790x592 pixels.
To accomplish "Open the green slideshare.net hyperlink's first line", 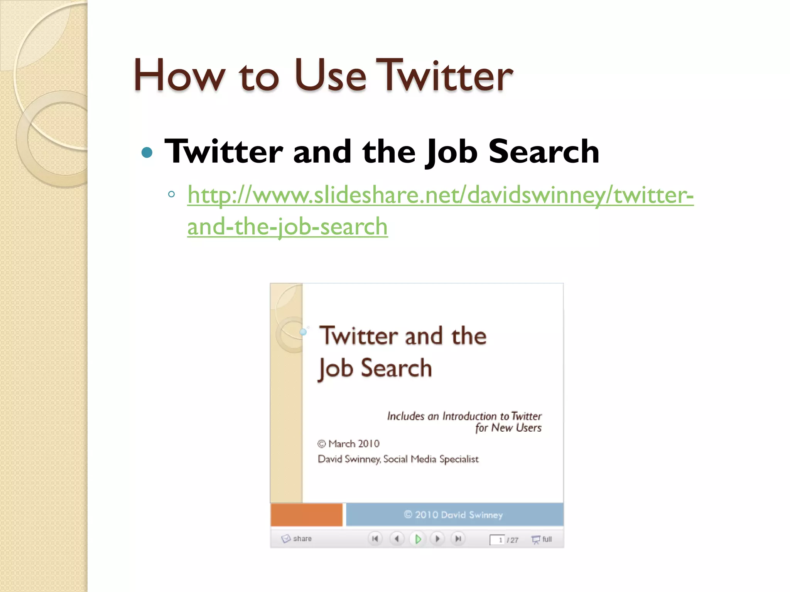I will pos(440,195).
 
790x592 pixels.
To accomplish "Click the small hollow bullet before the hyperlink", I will pos(172,194).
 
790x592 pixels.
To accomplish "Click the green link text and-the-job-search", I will pos(287,227).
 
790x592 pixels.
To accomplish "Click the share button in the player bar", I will pos(297,538).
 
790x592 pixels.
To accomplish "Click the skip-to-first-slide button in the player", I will pos(375,539).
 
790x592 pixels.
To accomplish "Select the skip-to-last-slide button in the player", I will pos(458,539).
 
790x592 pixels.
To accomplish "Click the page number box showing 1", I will pos(497,540).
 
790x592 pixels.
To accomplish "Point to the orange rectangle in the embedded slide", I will pos(306,515).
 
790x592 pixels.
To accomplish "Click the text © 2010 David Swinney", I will pos(453,515).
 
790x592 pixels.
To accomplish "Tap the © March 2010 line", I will pos(348,444).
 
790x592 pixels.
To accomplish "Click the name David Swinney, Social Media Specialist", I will pos(398,459).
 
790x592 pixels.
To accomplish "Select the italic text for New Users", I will pos(508,428).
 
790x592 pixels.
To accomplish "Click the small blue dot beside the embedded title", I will pos(304,331).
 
